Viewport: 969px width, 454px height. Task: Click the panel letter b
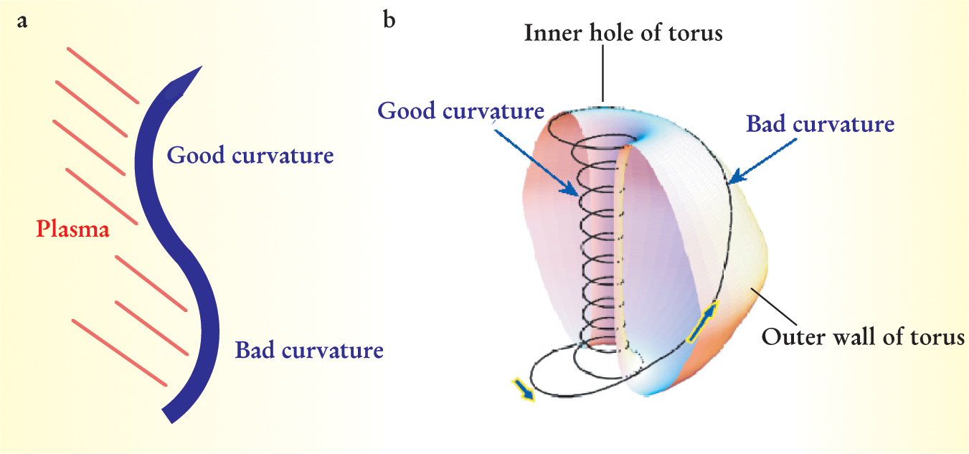389,20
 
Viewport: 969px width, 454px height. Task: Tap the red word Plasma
73,230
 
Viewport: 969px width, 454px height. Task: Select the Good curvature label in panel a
250,156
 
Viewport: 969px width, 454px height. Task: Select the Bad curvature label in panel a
309,351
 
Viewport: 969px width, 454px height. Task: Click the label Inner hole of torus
623,33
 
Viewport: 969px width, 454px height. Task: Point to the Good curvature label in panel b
461,111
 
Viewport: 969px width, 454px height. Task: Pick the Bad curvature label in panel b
821,125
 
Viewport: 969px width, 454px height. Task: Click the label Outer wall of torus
864,336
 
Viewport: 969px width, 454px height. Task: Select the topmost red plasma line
103,75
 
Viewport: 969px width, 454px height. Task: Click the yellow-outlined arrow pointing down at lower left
524,389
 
